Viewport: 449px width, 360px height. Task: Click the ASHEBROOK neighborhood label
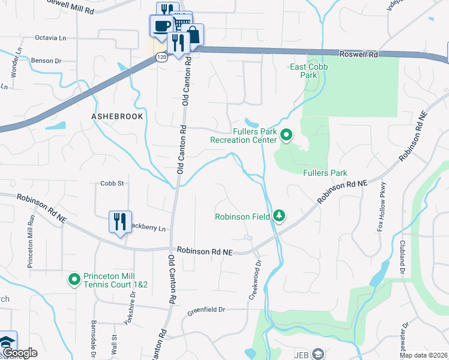pos(117,116)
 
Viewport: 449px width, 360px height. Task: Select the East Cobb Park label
pos(309,71)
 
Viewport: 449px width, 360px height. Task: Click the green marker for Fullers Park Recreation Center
pos(286,136)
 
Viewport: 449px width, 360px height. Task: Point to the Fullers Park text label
pos(325,173)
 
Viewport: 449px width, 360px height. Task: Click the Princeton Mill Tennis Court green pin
pos(74,279)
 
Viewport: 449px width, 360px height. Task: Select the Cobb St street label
pos(112,184)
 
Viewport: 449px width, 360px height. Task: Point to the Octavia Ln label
pos(50,38)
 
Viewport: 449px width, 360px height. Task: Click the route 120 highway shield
pos(161,57)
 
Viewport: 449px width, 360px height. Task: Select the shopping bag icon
pos(194,35)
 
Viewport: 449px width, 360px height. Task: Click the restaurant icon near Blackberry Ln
pos(120,221)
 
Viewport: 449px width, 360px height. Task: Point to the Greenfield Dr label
pos(205,311)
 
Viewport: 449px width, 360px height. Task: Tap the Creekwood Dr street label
pos(256,280)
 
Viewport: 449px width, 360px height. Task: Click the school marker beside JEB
pos(318,354)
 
